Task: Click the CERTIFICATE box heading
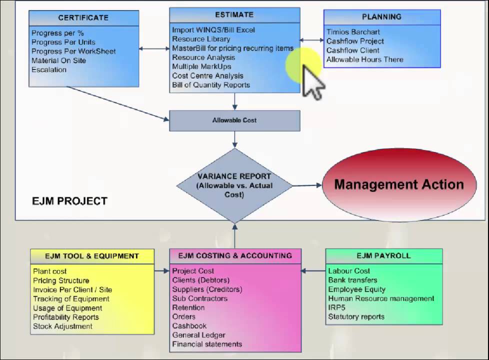click(83, 17)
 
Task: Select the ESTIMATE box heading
click(234, 14)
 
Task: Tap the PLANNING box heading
click(381, 16)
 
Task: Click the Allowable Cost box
click(234, 120)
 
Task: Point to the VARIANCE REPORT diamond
click(234, 185)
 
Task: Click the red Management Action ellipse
click(398, 184)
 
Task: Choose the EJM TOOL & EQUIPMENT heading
click(92, 256)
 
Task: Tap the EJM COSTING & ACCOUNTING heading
click(235, 255)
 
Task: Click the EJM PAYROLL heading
click(383, 255)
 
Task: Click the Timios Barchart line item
click(353, 32)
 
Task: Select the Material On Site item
click(58, 60)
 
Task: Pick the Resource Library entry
click(201, 39)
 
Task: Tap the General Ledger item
click(198, 335)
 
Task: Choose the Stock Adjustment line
click(62, 326)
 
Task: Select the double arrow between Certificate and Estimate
click(154, 48)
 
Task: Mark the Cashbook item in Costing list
click(189, 326)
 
